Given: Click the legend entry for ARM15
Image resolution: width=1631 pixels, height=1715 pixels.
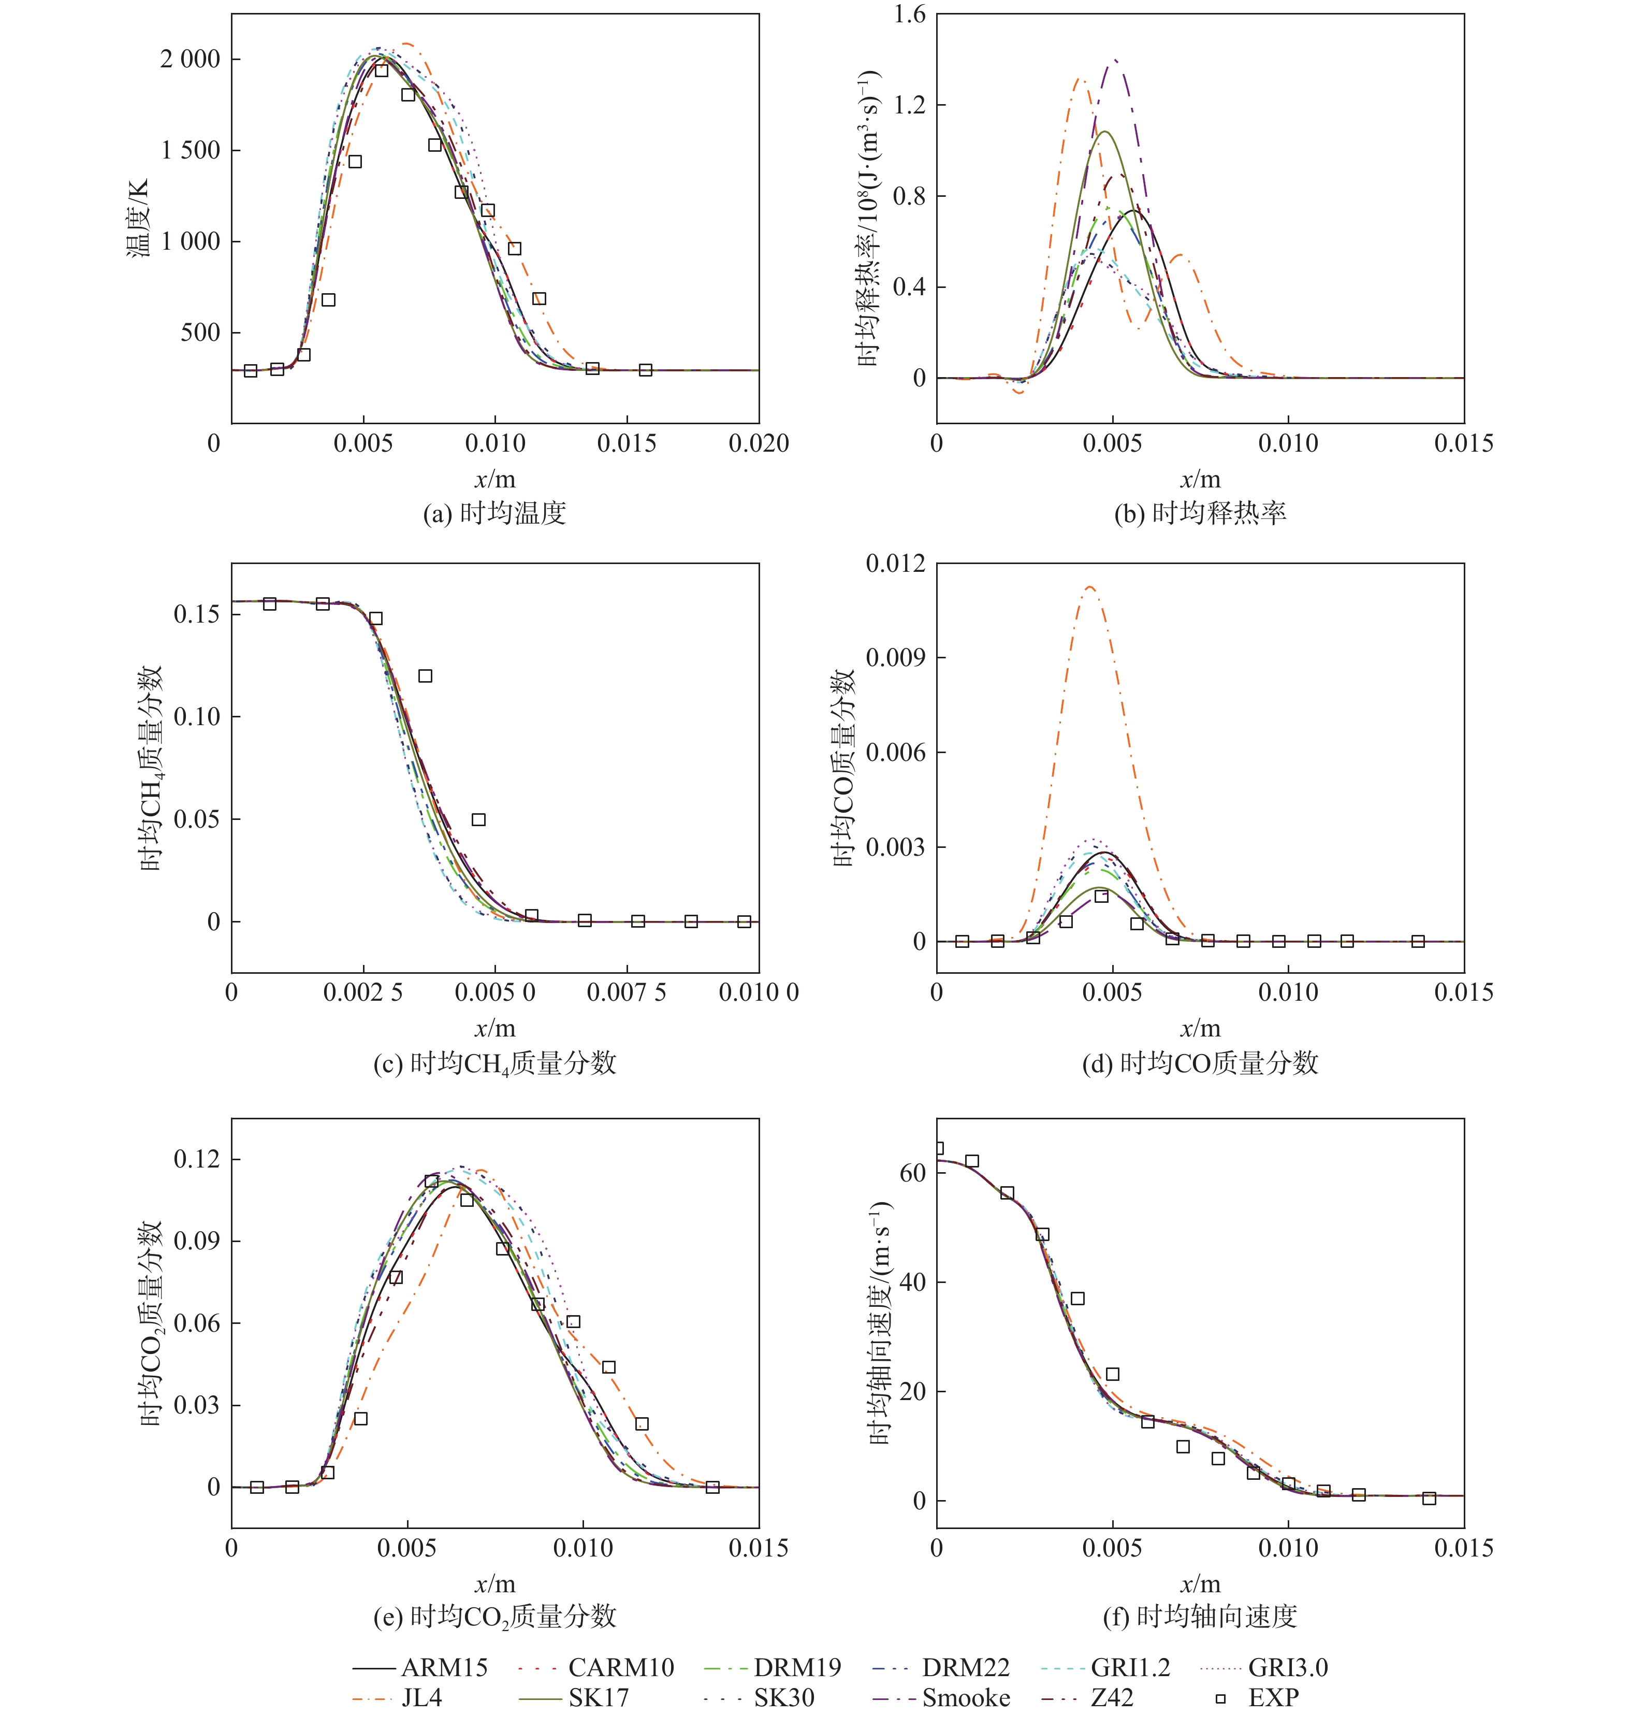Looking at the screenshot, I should click(x=421, y=1667).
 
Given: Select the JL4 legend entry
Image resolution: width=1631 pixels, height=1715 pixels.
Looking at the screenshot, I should click(x=399, y=1697).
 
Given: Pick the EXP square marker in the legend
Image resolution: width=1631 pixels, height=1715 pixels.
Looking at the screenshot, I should click(x=1220, y=1697).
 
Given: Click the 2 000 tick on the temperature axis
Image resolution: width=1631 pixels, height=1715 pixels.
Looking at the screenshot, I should click(x=190, y=59).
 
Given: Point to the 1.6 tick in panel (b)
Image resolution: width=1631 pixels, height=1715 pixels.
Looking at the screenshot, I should click(x=909, y=15).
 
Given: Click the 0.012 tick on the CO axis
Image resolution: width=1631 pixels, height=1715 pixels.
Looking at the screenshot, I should click(x=895, y=564).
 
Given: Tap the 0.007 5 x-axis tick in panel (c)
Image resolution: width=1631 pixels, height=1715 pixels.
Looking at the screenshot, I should click(x=626, y=992).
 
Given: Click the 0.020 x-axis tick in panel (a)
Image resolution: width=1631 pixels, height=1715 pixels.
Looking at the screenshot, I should click(x=758, y=443).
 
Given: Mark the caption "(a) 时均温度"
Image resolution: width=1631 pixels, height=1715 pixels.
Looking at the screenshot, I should click(x=494, y=513).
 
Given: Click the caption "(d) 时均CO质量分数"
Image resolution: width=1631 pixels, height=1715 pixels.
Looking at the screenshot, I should click(x=1200, y=1063).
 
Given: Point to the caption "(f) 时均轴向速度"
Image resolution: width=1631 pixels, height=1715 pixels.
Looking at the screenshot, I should click(x=1200, y=1616).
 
